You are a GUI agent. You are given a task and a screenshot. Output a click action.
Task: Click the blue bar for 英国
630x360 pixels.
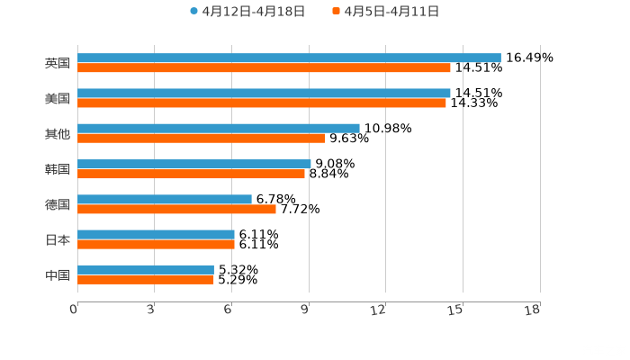(x=289, y=58)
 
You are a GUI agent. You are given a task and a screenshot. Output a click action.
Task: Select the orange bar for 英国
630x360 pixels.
(x=264, y=67)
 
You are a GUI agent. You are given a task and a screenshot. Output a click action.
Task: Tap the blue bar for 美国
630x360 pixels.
(x=264, y=93)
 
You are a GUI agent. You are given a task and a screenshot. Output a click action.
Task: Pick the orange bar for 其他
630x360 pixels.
(x=201, y=138)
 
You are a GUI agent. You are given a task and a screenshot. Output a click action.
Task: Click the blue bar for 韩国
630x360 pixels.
(x=194, y=164)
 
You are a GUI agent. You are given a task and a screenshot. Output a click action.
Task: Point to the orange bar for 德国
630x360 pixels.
(x=176, y=209)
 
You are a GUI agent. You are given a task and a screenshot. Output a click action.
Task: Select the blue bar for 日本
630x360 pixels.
(x=156, y=234)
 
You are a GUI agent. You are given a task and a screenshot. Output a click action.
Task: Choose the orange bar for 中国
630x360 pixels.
(x=146, y=279)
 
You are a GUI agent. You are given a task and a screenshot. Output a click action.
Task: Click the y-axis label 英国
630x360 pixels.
(x=57, y=63)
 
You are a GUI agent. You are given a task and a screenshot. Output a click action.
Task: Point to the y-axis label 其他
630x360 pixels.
(x=57, y=133)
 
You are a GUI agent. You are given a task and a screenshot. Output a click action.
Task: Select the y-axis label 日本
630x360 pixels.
(x=57, y=239)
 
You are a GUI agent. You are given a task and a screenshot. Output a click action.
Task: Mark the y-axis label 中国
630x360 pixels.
(x=57, y=274)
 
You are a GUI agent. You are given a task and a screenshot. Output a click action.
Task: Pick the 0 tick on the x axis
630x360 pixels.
(x=75, y=310)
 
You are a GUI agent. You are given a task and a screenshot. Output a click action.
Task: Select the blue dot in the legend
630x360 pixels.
(x=193, y=12)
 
